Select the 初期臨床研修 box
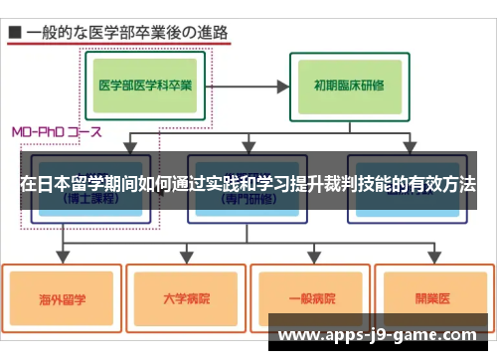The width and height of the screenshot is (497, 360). click(351, 85)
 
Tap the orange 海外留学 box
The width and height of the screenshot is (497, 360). click(62, 297)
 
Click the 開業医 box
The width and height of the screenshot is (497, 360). click(431, 297)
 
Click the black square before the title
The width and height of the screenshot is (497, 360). click(15, 32)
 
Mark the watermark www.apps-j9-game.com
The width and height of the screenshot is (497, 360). click(378, 337)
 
